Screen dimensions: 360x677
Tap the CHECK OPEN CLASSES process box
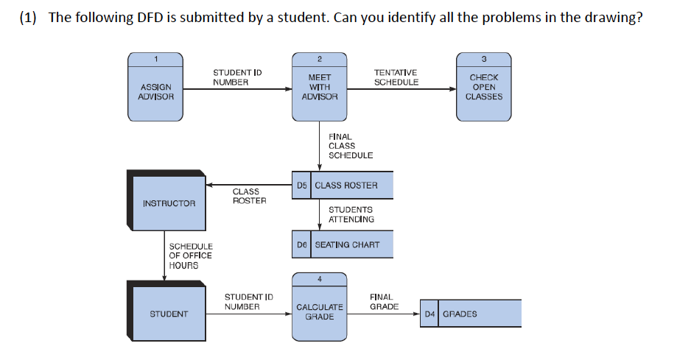(x=484, y=87)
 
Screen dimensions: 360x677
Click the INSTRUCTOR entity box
(x=169, y=202)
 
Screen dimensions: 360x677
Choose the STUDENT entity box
(x=169, y=314)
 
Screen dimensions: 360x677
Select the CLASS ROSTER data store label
(x=346, y=186)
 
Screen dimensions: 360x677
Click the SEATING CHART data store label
(x=347, y=244)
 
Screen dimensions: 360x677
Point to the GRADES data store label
(x=460, y=314)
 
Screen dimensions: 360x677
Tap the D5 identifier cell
(x=302, y=186)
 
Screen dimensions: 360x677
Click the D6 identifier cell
(x=302, y=244)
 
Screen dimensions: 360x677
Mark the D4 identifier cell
(x=429, y=314)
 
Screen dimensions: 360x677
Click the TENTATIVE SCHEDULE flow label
(x=396, y=77)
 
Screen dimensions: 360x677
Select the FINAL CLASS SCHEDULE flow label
(x=351, y=146)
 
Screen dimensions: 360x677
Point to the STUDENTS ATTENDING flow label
(x=351, y=214)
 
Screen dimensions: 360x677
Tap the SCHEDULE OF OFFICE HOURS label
(x=190, y=255)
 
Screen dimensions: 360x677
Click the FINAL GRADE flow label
(x=384, y=302)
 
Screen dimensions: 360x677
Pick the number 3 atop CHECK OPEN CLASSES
(x=484, y=58)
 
